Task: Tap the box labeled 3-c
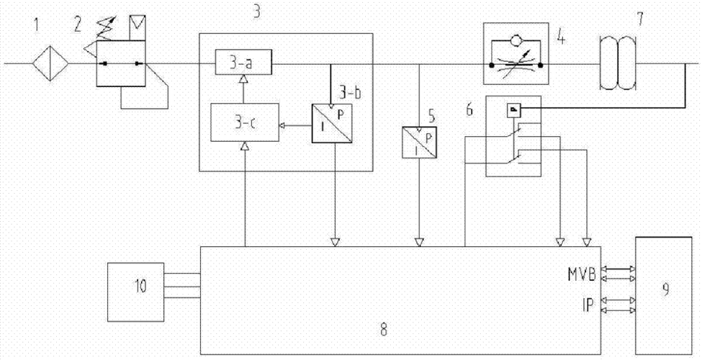[242, 125]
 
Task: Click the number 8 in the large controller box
[384, 329]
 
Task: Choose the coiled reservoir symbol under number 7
[618, 63]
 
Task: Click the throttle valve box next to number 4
[514, 63]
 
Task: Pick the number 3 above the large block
[256, 12]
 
